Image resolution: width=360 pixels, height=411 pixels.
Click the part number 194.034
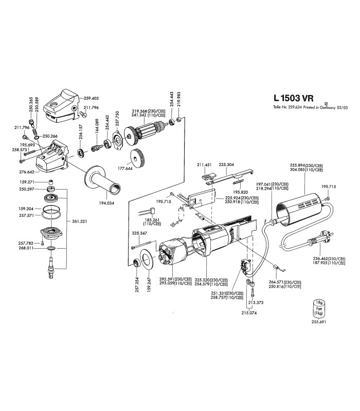click(107, 203)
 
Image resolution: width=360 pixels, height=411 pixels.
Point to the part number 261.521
click(80, 221)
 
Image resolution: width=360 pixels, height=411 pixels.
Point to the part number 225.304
click(226, 165)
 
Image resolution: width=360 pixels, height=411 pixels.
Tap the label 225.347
click(139, 233)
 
